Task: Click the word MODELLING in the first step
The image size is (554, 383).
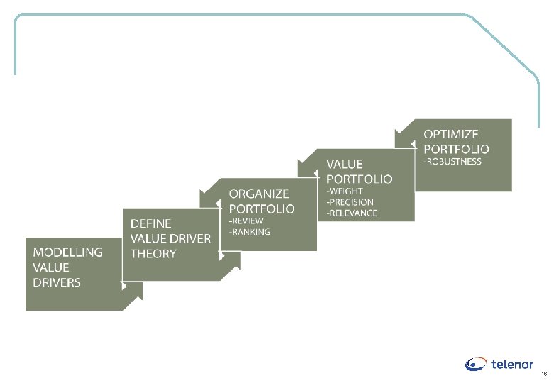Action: pos(67,252)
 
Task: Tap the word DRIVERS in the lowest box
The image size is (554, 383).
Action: pos(57,282)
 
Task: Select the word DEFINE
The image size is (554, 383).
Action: pos(151,223)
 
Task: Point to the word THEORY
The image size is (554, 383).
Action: pos(153,253)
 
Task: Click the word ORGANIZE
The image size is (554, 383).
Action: pos(259,194)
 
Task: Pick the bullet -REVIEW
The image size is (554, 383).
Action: pos(246,221)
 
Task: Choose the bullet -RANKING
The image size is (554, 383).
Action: pos(249,231)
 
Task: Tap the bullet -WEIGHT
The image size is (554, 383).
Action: pos(344,191)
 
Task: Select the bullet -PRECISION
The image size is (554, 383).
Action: pos(349,202)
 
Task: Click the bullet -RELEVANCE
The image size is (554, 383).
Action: pos(352,213)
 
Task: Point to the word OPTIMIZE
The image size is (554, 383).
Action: pos(451,133)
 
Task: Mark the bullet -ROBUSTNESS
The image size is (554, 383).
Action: pos(452,161)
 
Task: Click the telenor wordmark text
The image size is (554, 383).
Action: pos(512,365)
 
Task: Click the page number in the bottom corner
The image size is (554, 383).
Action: pos(544,374)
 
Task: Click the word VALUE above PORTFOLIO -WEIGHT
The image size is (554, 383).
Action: pos(344,164)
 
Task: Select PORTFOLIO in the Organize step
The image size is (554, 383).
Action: pos(261,209)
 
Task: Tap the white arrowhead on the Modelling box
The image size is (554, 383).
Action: pos(124,287)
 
